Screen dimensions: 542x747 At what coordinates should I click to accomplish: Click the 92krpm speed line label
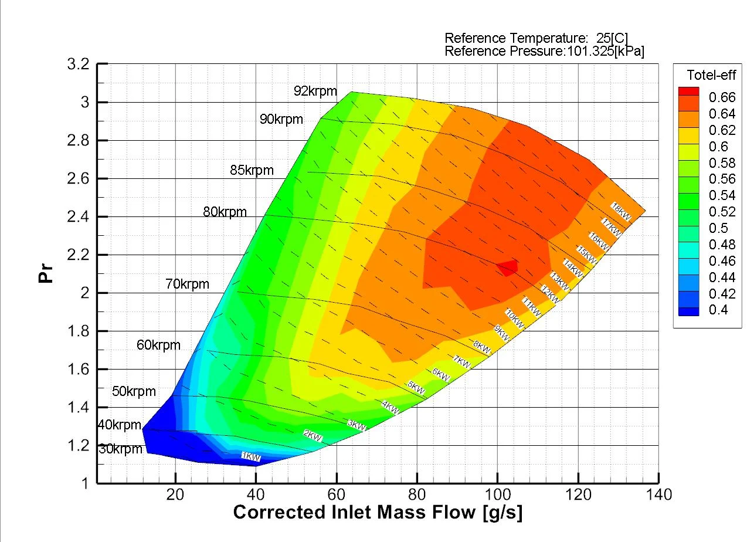315,91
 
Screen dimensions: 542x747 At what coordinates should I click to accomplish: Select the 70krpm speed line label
187,284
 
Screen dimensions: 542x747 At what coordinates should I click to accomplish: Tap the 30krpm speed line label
121,449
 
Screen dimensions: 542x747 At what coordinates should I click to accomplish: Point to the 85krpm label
252,171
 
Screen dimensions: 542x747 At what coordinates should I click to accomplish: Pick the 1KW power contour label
251,456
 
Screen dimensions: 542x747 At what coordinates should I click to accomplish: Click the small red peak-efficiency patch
508,267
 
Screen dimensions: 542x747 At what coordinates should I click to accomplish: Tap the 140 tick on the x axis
658,495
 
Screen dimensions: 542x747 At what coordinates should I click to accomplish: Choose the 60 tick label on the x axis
337,495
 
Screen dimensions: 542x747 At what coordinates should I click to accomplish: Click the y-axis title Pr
46,273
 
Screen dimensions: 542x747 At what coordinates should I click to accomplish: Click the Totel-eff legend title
711,74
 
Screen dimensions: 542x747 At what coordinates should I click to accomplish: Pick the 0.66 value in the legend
723,97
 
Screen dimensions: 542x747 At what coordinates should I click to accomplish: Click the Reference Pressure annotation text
544,51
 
